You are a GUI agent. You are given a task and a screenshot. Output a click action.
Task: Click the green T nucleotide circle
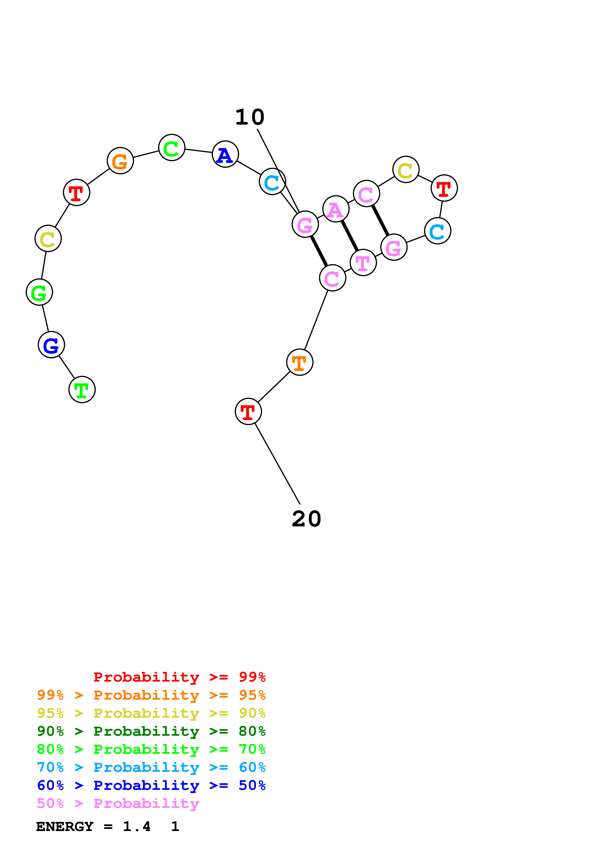coord(82,390)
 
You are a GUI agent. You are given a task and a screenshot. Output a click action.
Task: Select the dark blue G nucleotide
coord(51,345)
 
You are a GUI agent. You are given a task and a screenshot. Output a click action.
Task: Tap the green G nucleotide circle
coord(39,292)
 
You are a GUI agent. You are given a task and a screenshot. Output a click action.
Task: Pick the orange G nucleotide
coord(120,161)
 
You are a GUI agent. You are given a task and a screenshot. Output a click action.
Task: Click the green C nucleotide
coord(171,148)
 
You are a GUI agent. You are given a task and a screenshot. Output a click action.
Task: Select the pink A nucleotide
coord(336,209)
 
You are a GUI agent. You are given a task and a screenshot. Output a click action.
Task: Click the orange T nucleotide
coord(300,362)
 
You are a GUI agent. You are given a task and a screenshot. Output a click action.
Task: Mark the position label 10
coord(250,117)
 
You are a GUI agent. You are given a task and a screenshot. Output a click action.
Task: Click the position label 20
coord(307,519)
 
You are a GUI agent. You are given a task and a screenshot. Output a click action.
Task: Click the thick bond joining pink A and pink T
coord(350,236)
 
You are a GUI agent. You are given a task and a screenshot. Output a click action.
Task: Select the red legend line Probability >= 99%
coord(180,677)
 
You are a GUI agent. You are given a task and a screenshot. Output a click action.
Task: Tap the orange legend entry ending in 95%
coord(151,695)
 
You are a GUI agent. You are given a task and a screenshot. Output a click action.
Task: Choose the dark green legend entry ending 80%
coord(151,731)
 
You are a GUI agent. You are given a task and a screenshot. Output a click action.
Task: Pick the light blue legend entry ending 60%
coord(151,767)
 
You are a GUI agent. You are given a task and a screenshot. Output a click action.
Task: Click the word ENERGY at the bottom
coord(65,827)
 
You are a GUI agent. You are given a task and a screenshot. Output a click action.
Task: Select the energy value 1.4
coord(137,827)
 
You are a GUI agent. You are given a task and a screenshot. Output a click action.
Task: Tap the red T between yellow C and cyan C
coord(444,188)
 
